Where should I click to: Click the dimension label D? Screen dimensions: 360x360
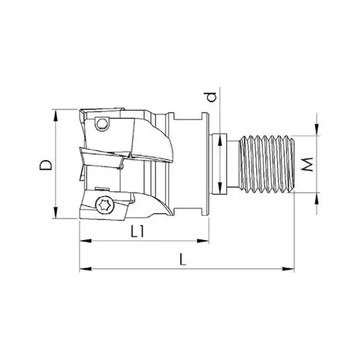tap(46, 165)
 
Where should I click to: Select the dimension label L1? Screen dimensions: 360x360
tap(138, 231)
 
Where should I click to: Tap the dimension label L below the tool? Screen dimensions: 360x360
tap(183, 259)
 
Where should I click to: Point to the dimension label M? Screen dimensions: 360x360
tap(307, 164)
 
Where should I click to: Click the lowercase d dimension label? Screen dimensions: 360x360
tap(211, 97)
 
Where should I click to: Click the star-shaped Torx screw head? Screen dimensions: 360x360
tap(105, 205)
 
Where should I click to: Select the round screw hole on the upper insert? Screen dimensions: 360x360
tap(102, 124)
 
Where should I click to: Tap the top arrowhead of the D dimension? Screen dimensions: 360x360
tap(55, 115)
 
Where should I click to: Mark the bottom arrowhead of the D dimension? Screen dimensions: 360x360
tap(55, 213)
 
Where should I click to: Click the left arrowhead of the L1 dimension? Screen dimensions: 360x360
tap(85, 241)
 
